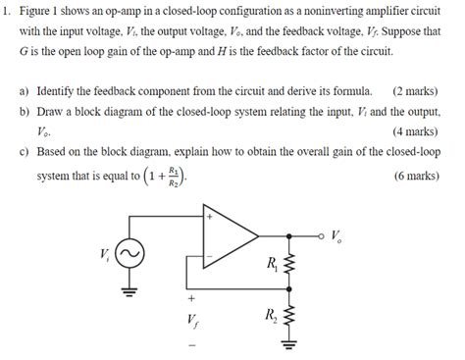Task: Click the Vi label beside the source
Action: click(106, 252)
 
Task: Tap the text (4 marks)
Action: click(414, 130)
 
